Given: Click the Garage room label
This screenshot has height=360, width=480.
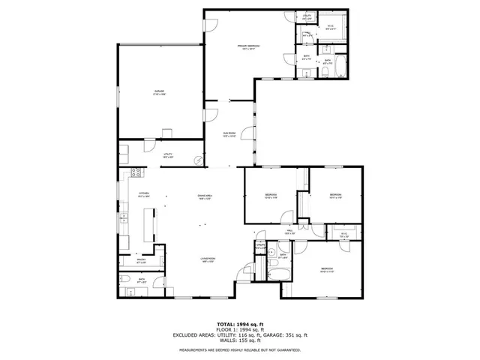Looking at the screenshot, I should click(160, 91).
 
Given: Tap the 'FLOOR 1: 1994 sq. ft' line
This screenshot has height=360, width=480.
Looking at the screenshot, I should click(239, 328).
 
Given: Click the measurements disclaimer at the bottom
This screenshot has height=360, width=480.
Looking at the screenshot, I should click(239, 349).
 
